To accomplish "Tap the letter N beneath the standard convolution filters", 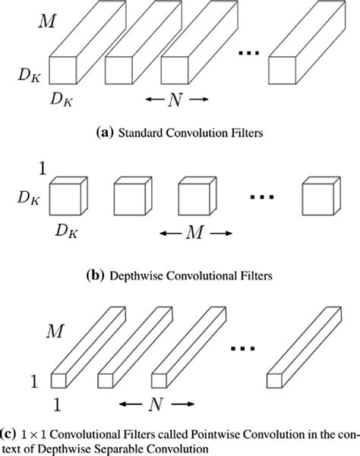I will (177, 99).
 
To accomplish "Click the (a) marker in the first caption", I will (101, 134).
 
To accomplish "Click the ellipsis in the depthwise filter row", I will (261, 197).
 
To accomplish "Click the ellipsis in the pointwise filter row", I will (245, 348).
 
